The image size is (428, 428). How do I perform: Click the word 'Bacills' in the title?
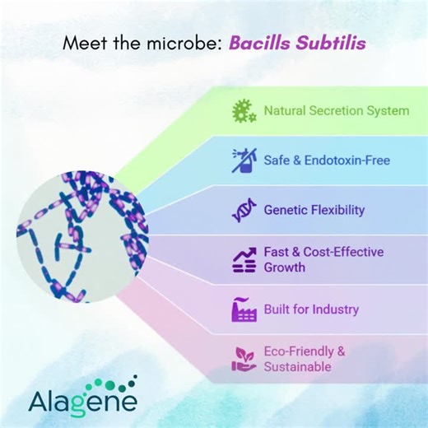point(256,43)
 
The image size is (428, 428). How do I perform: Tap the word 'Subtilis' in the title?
point(324,43)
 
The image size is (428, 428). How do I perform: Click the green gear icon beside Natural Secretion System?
point(243,110)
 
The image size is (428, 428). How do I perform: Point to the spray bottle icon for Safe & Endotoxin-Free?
point(243,160)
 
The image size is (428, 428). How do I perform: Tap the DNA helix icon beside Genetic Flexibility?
point(243,210)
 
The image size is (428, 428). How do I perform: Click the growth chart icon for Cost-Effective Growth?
point(243,259)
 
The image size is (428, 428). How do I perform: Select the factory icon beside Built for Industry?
point(243,309)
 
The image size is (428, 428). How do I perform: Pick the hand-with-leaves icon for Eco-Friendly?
point(243,359)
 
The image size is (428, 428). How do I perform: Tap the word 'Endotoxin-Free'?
point(347,160)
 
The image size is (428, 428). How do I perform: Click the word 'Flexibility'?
point(337,210)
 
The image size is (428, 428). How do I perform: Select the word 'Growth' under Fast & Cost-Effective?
point(285,267)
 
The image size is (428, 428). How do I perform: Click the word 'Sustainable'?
point(297,367)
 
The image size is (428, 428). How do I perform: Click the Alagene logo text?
point(83,402)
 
